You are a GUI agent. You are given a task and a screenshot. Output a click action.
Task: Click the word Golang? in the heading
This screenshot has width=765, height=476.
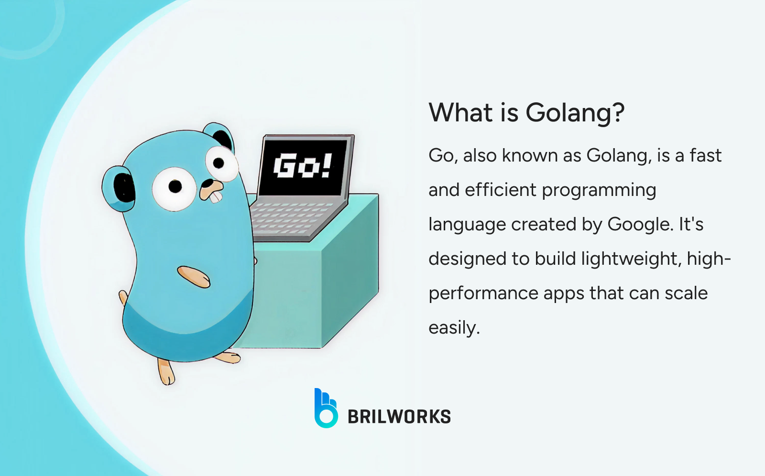(575, 113)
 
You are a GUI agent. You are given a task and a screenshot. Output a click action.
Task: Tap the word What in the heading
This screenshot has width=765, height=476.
(460, 113)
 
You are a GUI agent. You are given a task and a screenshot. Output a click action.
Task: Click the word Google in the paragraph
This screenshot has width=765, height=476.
(640, 224)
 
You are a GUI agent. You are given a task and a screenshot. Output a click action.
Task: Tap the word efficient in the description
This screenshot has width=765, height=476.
(500, 190)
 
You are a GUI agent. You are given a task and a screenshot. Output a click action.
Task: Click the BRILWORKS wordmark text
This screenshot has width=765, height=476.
(399, 417)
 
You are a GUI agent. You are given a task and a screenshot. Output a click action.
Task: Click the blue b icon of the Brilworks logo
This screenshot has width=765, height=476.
(326, 409)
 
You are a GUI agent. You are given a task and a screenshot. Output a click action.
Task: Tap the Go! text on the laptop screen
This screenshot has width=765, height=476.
(302, 166)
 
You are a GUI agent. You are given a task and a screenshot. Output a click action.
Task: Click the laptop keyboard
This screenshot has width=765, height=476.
(292, 217)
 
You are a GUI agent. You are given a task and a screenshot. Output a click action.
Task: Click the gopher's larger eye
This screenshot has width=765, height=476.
(174, 188)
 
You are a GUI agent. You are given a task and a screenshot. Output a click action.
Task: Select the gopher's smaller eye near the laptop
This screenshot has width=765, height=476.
(221, 163)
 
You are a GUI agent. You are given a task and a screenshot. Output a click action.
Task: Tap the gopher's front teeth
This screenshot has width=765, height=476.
(216, 196)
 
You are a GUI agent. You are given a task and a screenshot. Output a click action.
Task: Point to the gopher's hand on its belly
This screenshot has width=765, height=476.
(194, 277)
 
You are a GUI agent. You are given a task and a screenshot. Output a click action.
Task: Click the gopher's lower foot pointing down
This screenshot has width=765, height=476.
(166, 372)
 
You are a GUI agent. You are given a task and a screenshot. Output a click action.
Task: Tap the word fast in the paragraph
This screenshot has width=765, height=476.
(705, 155)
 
